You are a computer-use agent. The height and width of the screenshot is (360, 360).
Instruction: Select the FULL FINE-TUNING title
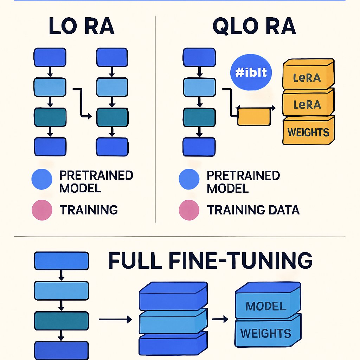pyautogui.click(x=210, y=261)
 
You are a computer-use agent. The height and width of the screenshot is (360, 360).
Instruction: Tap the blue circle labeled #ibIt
pyautogui.click(x=251, y=72)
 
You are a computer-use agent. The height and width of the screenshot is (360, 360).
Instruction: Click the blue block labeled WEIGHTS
pyautogui.click(x=266, y=333)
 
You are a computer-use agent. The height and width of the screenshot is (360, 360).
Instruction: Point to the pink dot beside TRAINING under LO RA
pyautogui.click(x=42, y=210)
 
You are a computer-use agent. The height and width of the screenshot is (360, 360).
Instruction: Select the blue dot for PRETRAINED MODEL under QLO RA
pyautogui.click(x=189, y=179)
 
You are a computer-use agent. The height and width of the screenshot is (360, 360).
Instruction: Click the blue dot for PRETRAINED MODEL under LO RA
pyautogui.click(x=42, y=179)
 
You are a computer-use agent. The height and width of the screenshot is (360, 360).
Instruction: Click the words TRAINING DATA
pyautogui.click(x=253, y=210)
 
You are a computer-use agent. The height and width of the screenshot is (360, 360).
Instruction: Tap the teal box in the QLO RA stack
pyautogui.click(x=199, y=117)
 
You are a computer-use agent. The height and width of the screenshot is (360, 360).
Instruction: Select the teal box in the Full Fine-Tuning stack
pyautogui.click(x=60, y=320)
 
